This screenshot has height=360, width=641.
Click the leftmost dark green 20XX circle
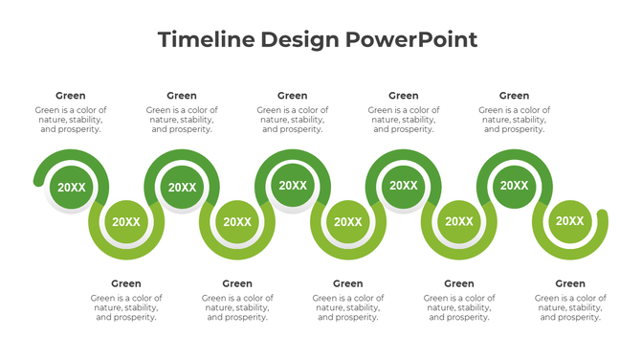(x=71, y=188)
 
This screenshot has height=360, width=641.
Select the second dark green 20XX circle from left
(x=182, y=188)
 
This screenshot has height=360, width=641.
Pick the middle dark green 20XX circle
(x=293, y=186)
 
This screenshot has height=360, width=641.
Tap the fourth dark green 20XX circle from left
(x=404, y=186)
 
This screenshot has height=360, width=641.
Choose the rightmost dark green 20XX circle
(x=515, y=186)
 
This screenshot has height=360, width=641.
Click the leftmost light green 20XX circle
(x=126, y=222)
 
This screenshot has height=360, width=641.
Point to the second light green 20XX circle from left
(x=237, y=222)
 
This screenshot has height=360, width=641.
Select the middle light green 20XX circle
(x=348, y=222)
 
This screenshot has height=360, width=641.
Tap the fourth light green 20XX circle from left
(x=459, y=222)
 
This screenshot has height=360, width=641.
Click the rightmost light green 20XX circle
(x=570, y=222)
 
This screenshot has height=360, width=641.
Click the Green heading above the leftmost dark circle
(x=71, y=96)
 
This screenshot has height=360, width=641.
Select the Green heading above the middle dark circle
(x=293, y=96)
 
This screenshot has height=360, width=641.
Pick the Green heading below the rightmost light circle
(x=570, y=283)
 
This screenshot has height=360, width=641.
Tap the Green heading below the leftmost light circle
(x=126, y=283)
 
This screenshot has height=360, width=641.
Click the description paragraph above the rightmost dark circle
(x=515, y=120)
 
